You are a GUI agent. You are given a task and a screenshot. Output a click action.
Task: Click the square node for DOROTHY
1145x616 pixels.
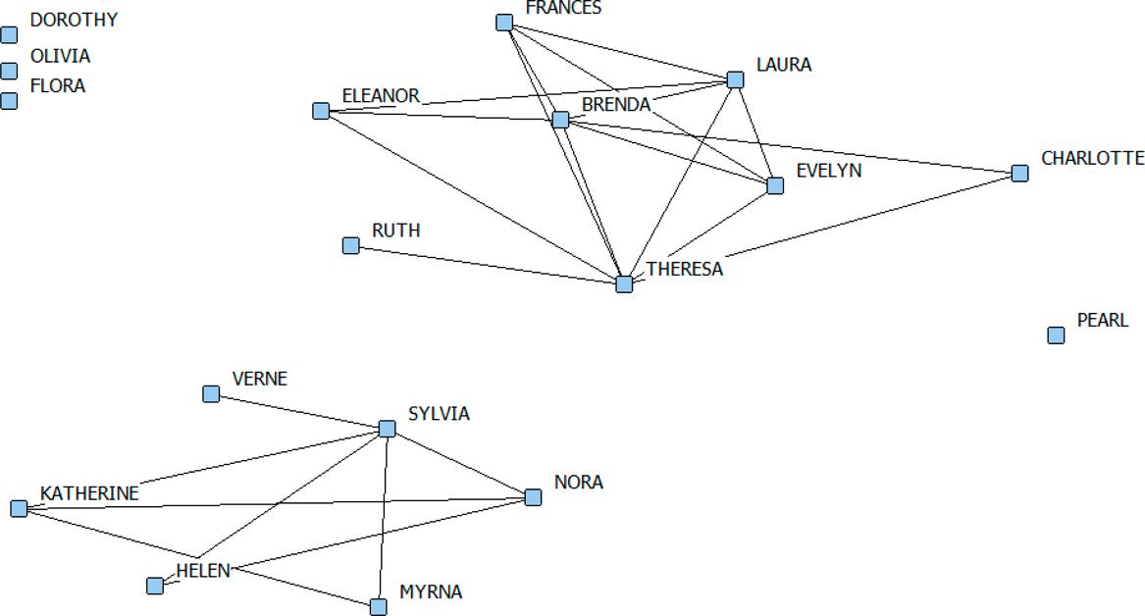pos(10,35)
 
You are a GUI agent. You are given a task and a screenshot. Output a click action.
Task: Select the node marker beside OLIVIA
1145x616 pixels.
pos(10,71)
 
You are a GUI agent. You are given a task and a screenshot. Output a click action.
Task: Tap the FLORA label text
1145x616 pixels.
pos(58,86)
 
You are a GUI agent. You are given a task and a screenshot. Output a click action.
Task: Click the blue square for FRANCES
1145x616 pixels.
pos(504,23)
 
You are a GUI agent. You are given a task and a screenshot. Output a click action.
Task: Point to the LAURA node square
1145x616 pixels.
pos(735,79)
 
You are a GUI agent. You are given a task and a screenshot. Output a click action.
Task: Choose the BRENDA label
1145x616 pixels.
pos(616,105)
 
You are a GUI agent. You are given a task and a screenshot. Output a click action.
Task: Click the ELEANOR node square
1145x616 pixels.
pos(321,111)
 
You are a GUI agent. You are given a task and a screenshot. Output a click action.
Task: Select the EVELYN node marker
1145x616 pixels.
pos(775,185)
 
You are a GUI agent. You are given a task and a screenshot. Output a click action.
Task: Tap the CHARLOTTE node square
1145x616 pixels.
pos(1019,174)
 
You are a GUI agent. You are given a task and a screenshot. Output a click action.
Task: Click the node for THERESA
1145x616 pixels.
pos(624,284)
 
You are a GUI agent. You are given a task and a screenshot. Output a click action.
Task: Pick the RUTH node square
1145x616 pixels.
pos(351,245)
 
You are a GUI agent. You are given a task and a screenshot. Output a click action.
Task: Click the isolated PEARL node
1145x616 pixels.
pos(1056,335)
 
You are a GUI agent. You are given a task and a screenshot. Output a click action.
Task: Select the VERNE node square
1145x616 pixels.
pos(211,393)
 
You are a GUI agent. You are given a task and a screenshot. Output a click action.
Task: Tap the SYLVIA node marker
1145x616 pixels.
pos(387,429)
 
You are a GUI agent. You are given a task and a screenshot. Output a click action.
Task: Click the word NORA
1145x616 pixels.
pos(579,483)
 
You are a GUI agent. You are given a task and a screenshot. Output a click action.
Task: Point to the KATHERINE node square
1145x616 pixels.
pos(19,508)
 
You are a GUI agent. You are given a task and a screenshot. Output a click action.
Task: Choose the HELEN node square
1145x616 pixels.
pos(155,586)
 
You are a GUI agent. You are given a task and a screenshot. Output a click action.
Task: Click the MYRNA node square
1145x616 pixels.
pos(379,607)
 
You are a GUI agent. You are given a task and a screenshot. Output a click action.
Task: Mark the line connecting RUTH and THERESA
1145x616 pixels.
pos(488,265)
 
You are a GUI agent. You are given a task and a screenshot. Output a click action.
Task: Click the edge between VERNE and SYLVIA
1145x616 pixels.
pos(299,411)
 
